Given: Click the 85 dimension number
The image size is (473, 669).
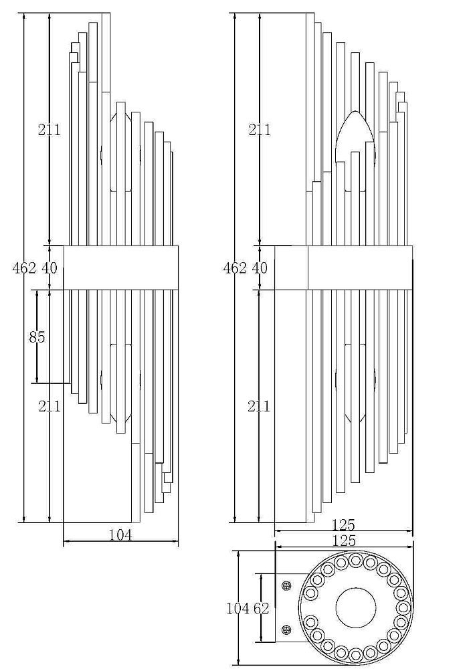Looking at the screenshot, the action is [37, 337].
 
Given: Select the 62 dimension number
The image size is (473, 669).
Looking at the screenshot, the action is [261, 608].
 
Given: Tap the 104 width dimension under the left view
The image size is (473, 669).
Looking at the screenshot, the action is [120, 535].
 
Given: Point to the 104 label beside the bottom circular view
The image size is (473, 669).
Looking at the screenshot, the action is [238, 608].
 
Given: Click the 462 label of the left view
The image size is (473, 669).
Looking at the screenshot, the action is [24, 268].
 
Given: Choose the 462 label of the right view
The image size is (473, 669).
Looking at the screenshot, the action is [235, 268].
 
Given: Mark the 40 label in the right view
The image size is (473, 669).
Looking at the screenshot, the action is [260, 268].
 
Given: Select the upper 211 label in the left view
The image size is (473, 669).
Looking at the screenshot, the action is [50, 129].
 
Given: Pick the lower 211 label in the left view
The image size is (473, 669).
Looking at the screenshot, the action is [50, 406].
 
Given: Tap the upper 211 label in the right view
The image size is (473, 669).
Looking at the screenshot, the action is [260, 129].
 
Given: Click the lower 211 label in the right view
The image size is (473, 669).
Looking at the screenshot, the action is [259, 406].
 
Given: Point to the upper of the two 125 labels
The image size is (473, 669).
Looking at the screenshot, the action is [344, 524].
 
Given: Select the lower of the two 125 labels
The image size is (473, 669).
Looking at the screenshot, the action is [344, 541].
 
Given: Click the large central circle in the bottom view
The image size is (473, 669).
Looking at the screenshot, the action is [356, 607].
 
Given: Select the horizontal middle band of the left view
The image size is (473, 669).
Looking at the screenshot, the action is [120, 268].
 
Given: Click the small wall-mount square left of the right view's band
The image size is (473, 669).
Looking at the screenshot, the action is [291, 268].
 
